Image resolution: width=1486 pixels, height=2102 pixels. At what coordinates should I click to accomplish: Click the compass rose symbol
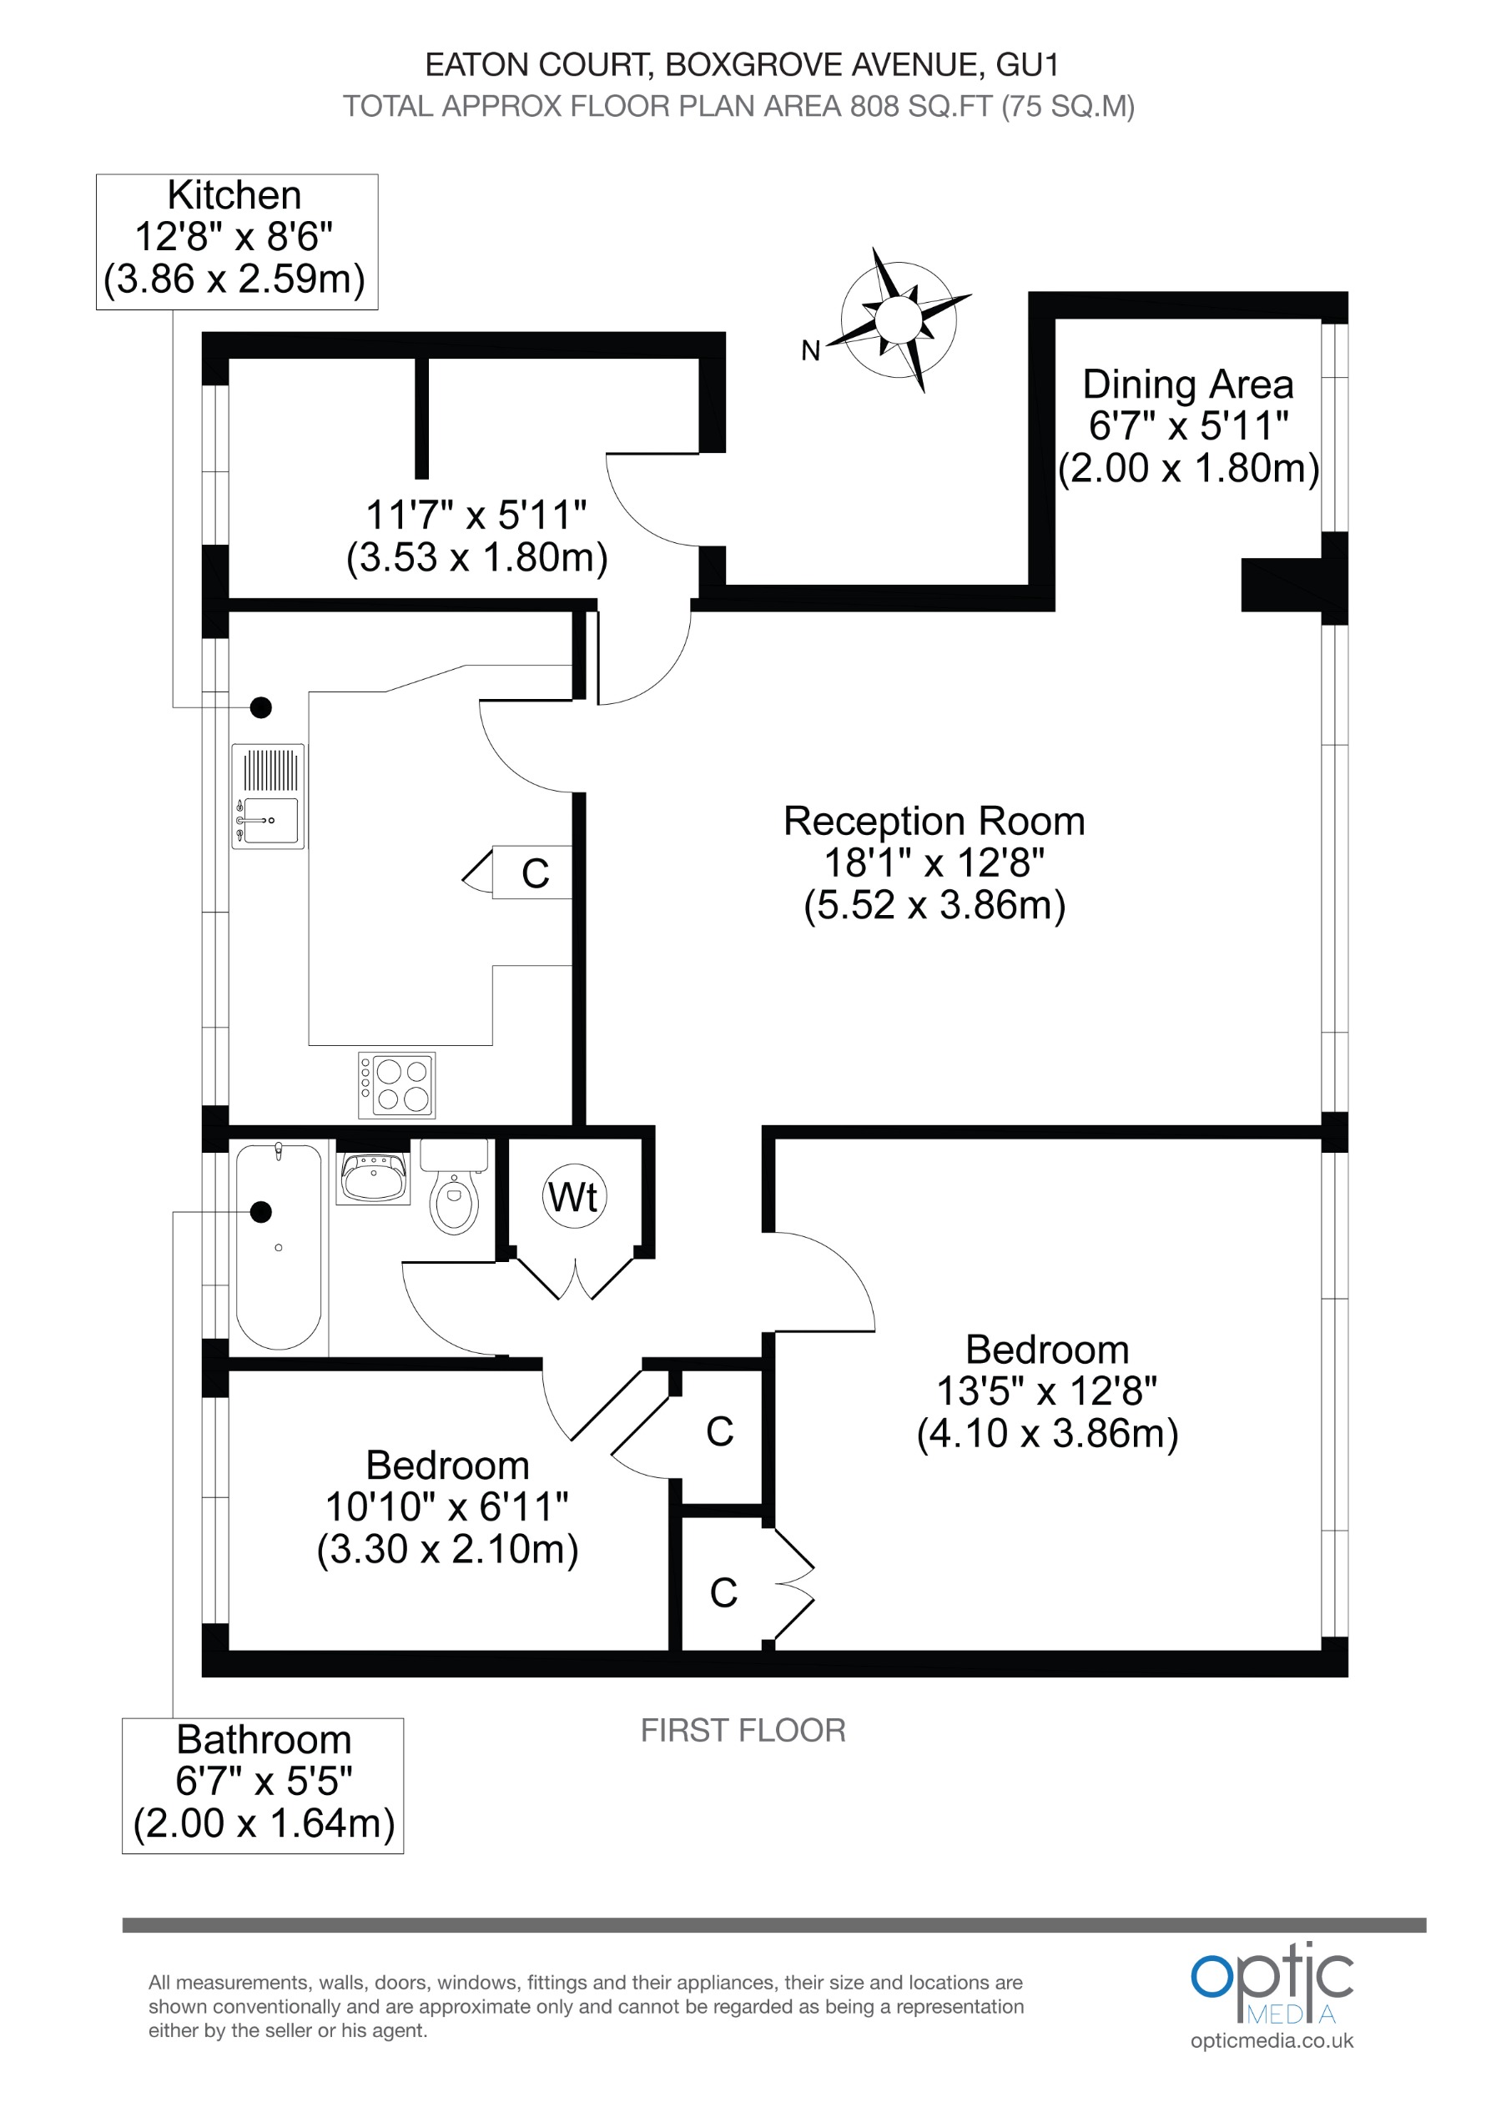click(x=899, y=319)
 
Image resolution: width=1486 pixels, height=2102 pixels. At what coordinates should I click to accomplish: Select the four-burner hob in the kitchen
click(x=396, y=1085)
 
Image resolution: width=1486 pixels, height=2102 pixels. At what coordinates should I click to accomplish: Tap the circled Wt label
click(x=574, y=1198)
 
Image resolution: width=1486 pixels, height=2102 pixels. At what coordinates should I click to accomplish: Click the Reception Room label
click(x=934, y=822)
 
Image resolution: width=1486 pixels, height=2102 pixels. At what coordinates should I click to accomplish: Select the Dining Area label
click(x=1187, y=385)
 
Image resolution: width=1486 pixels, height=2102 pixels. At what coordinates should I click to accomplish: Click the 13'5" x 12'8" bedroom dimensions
click(x=1046, y=1391)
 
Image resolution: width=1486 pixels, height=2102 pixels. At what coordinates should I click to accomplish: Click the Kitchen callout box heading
click(x=234, y=195)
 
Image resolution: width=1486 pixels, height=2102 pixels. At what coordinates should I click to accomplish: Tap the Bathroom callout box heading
click(x=264, y=1739)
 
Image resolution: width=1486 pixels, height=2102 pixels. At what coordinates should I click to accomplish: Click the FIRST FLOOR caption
click(x=743, y=1730)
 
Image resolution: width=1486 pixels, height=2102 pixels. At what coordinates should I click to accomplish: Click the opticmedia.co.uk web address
click(x=1271, y=2039)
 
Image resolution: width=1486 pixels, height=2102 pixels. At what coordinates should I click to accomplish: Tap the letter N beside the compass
click(x=810, y=350)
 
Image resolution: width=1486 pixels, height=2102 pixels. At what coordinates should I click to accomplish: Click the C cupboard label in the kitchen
click(x=536, y=873)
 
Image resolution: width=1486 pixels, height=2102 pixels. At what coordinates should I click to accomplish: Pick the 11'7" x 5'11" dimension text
click(x=476, y=515)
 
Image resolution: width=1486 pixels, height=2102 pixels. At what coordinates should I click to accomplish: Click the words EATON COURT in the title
click(x=537, y=65)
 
